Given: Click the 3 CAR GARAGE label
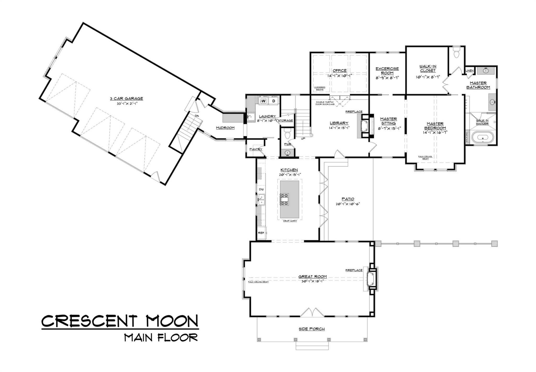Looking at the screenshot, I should (x=126, y=98).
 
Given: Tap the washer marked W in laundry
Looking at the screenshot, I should (x=264, y=101).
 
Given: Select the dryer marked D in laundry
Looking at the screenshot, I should (x=274, y=101).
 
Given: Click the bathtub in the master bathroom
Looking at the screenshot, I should (x=483, y=137).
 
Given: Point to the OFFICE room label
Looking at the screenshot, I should (x=339, y=71).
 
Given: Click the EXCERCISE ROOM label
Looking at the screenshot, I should (x=387, y=71).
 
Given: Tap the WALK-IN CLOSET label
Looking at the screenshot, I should (x=428, y=68).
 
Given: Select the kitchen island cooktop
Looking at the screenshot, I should (x=284, y=199).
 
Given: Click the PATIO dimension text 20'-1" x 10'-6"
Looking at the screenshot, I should (x=348, y=204).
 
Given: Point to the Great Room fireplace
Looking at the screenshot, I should (x=371, y=279).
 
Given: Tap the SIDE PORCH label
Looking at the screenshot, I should (x=312, y=329).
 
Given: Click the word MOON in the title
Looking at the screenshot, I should (x=172, y=321).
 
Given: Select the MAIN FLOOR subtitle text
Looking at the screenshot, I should (x=161, y=338).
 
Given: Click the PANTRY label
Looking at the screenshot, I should (x=255, y=149).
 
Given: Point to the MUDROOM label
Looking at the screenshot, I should (x=225, y=128).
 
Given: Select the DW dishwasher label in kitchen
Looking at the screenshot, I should (x=261, y=189).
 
